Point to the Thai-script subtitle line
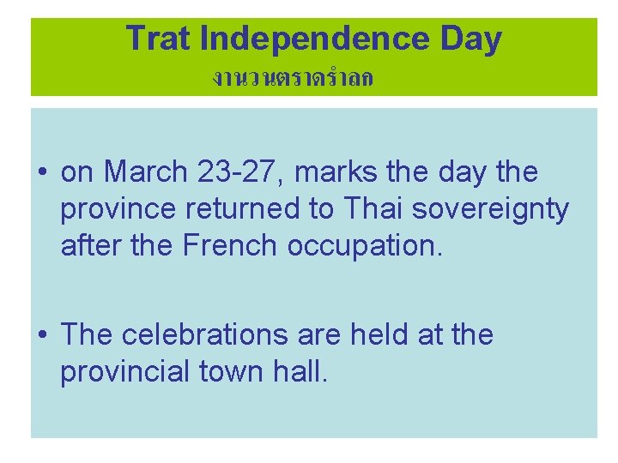tap(292, 79)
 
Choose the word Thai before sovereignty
tap(370, 209)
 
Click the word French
tap(232, 246)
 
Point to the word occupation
tap(367, 246)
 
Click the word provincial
tap(125, 371)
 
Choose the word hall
tap(300, 371)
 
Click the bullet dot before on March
tap(42, 173)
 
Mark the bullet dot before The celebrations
tap(42, 335)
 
